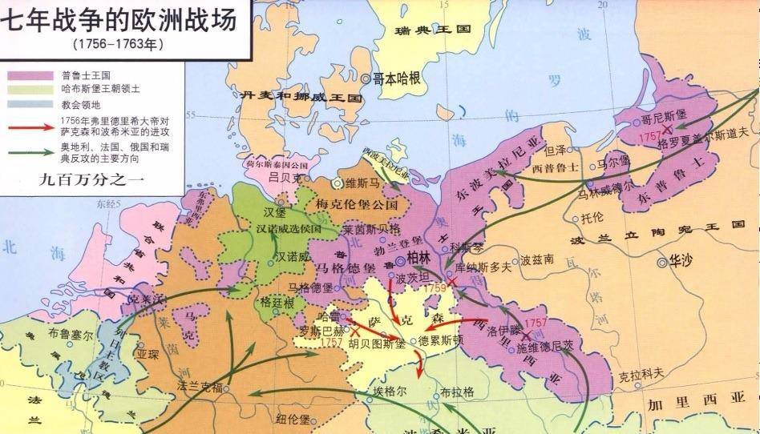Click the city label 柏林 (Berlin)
419,257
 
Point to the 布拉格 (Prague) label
459,392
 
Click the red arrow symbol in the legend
27,126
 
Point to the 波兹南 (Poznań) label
536,259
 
